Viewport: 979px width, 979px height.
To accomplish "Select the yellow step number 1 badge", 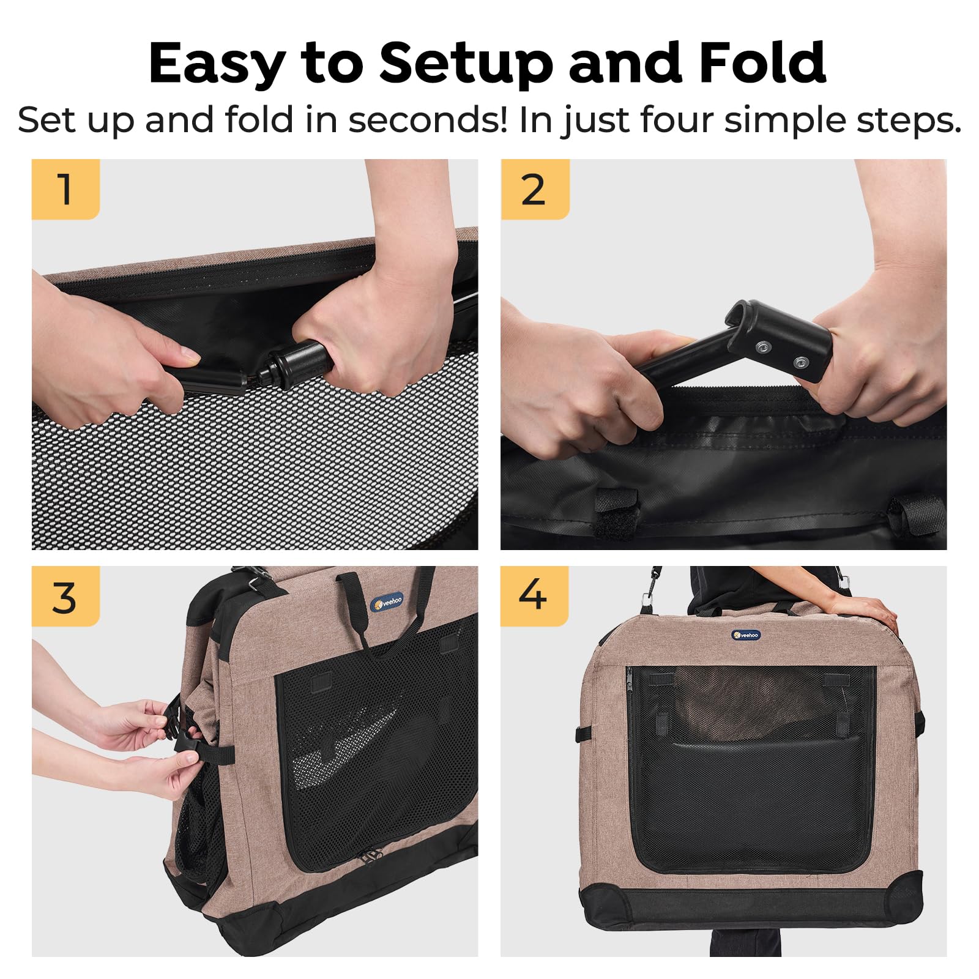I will pos(65,189).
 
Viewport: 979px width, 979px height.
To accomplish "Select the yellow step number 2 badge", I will pos(534,189).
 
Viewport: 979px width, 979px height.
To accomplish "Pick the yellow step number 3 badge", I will pos(65,597).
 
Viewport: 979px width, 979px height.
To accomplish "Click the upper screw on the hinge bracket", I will pos(762,348).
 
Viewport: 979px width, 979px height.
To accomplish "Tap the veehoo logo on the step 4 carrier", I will pos(746,635).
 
